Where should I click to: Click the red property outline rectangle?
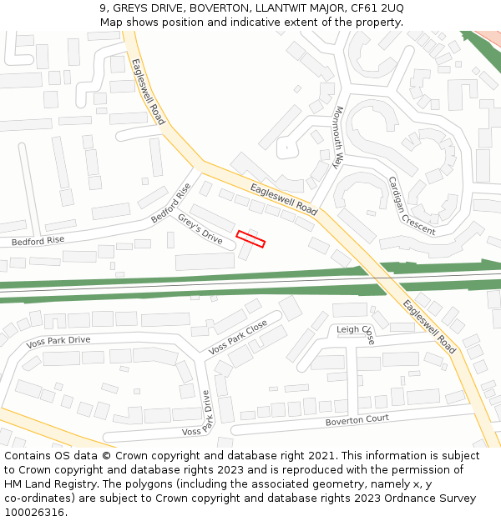tap(250, 239)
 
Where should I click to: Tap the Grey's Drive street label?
tap(200, 229)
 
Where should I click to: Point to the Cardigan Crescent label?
tap(411, 205)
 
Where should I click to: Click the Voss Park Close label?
tap(238, 337)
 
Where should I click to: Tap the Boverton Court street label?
tap(357, 420)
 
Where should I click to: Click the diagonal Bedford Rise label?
tap(171, 203)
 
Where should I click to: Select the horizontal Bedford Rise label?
tap(38, 241)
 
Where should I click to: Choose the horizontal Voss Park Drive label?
tap(58, 341)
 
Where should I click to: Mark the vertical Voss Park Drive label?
tap(206, 413)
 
